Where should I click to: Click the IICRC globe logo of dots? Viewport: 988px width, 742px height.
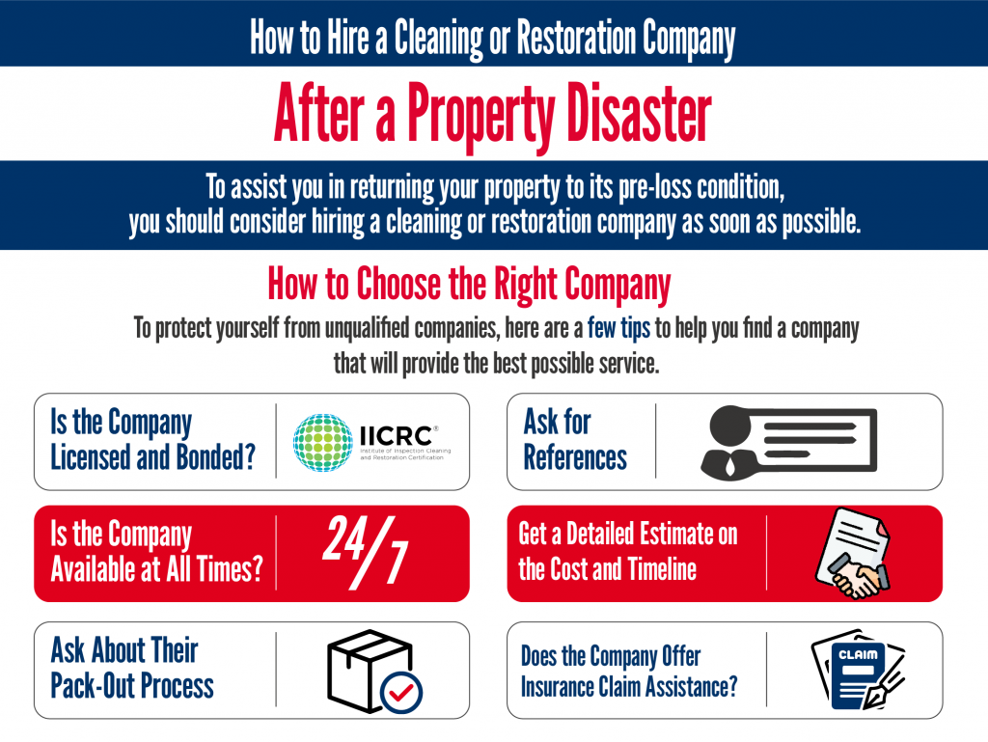coord(322,442)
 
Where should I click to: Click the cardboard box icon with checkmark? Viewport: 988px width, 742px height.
coord(374,672)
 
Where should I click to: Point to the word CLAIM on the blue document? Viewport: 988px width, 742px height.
coord(858,655)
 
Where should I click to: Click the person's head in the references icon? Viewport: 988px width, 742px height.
coord(730,426)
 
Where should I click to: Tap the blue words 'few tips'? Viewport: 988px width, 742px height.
coord(618,328)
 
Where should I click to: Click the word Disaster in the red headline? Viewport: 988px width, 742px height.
coord(639,114)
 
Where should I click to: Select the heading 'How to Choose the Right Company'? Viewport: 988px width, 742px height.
coord(469,284)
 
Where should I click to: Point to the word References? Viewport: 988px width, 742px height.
coord(575,457)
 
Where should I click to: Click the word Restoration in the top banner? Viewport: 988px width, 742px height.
coord(576,38)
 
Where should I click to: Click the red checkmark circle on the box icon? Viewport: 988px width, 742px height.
coord(400,693)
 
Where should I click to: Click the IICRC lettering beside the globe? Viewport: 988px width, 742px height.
coord(396,436)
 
